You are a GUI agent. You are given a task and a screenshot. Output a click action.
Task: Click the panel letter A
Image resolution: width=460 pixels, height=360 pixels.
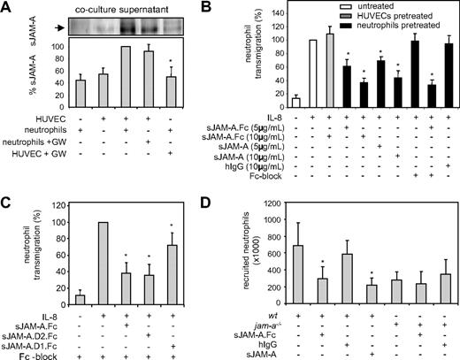click(8, 8)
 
